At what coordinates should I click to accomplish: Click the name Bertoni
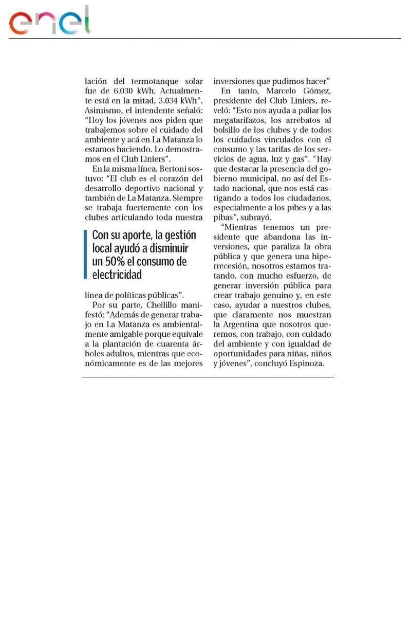coord(164,168)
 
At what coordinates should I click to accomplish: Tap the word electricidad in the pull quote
coord(117,275)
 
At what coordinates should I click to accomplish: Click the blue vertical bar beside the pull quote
coord(85,255)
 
